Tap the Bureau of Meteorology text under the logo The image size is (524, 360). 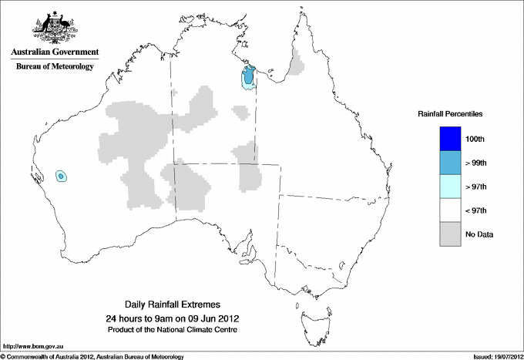(x=55, y=66)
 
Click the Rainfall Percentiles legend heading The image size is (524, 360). (x=450, y=113)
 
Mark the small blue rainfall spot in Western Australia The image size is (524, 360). (x=61, y=177)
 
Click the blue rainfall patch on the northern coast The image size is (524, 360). (x=248, y=77)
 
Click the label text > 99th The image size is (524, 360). (x=476, y=163)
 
